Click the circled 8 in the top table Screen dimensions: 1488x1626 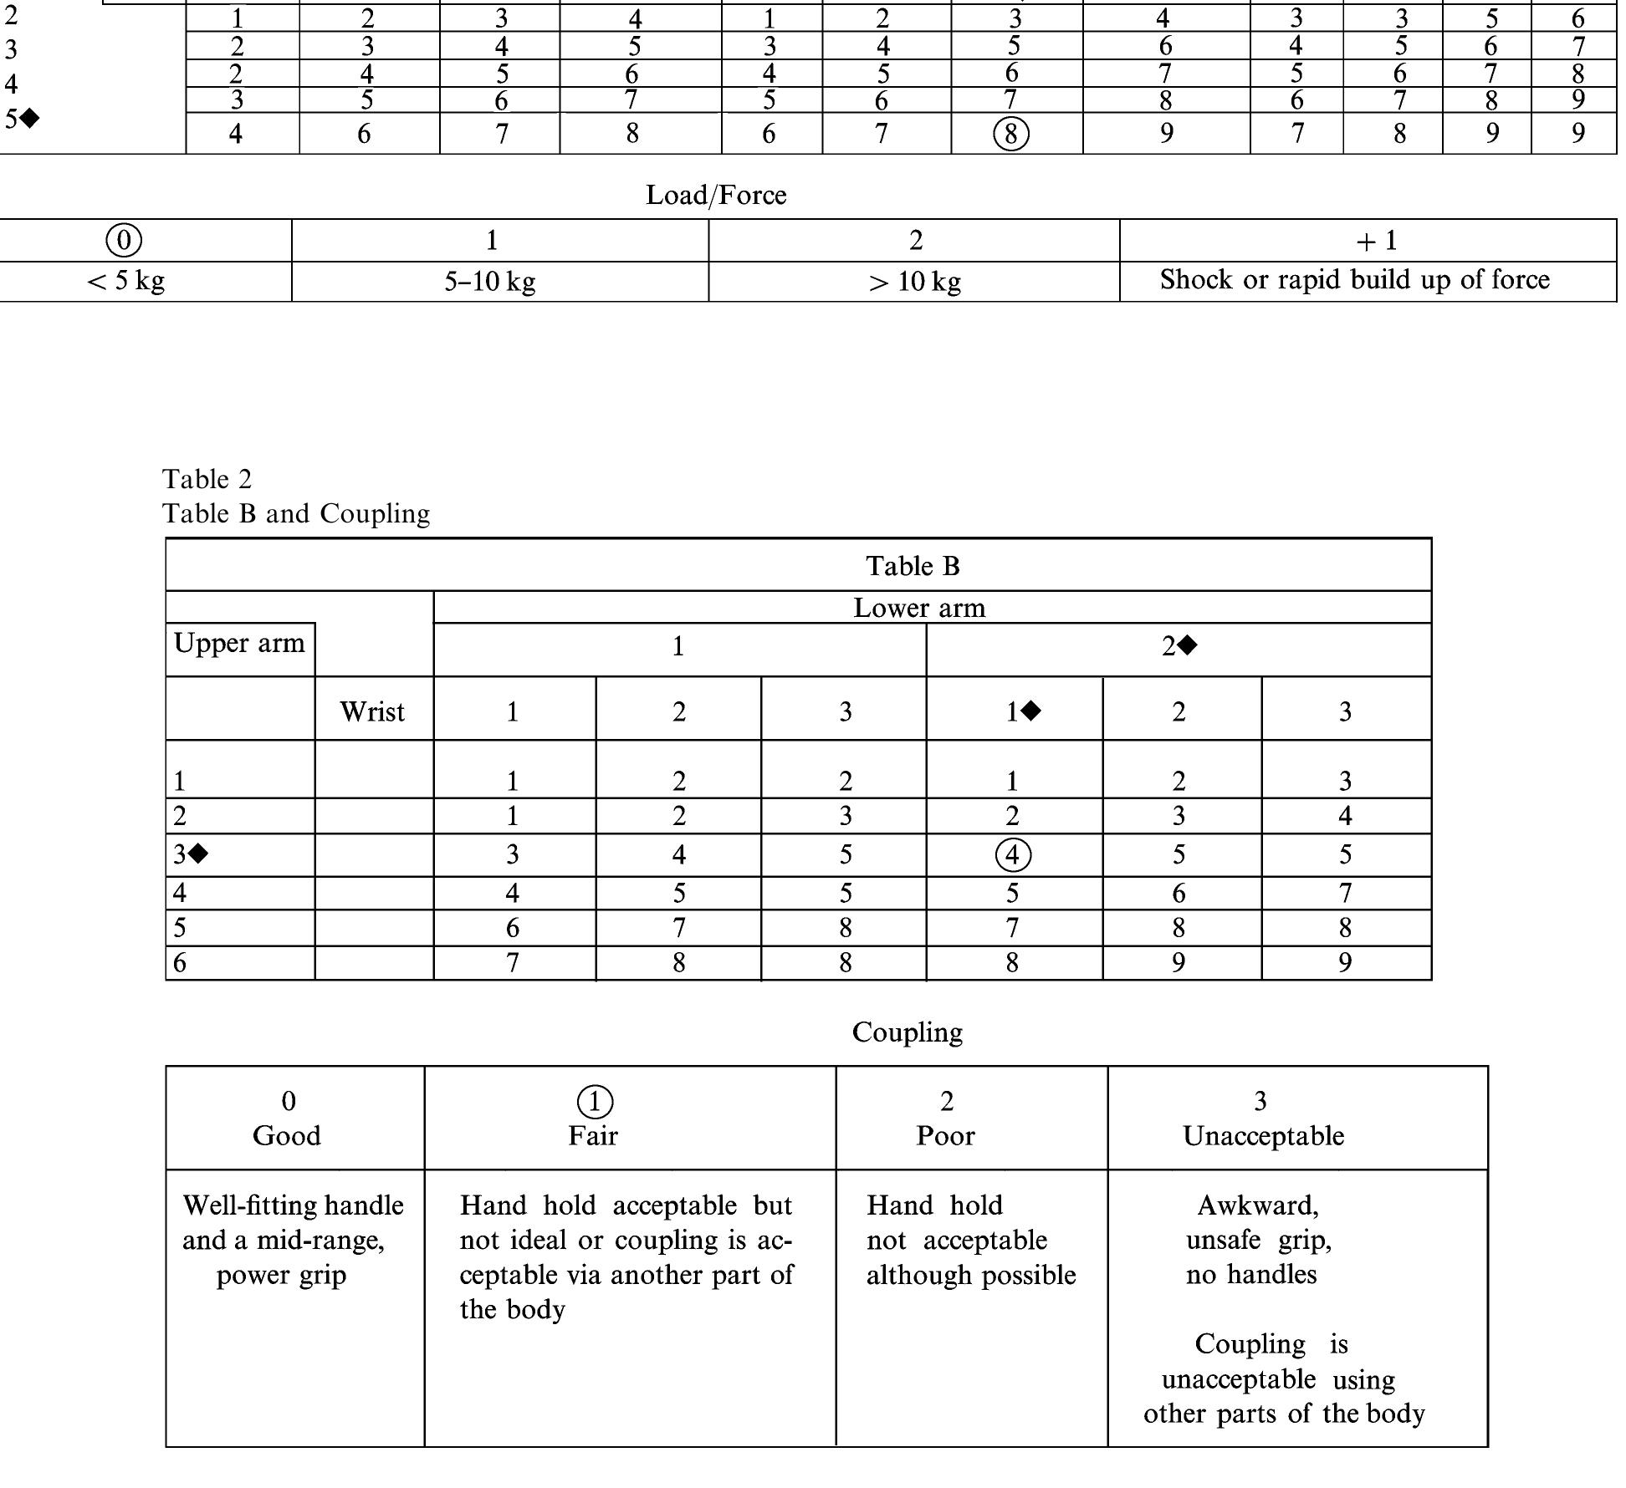[1010, 134]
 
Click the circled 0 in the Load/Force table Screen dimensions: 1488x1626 [124, 241]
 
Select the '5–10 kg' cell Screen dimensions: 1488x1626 [490, 282]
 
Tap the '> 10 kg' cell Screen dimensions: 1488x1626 [914, 282]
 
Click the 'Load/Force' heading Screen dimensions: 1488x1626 [716, 196]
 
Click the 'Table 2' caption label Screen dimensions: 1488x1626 [207, 479]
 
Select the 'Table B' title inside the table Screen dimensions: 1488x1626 [913, 566]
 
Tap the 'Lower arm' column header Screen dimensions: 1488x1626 [919, 608]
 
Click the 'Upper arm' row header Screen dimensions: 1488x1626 [239, 644]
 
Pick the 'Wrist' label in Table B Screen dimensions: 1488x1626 [372, 712]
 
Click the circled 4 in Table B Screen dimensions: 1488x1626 [1013, 855]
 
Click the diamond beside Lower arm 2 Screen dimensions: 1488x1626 [1188, 645]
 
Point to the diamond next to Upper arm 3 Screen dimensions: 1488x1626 [198, 854]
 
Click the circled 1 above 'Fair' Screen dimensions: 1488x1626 [595, 1102]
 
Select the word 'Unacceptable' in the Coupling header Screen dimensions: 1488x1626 [1263, 1136]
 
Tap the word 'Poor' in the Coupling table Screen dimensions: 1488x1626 [945, 1136]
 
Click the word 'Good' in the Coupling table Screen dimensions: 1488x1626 [287, 1136]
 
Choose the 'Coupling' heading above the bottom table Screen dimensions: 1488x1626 [908, 1032]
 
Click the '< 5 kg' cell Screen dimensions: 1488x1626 [125, 281]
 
